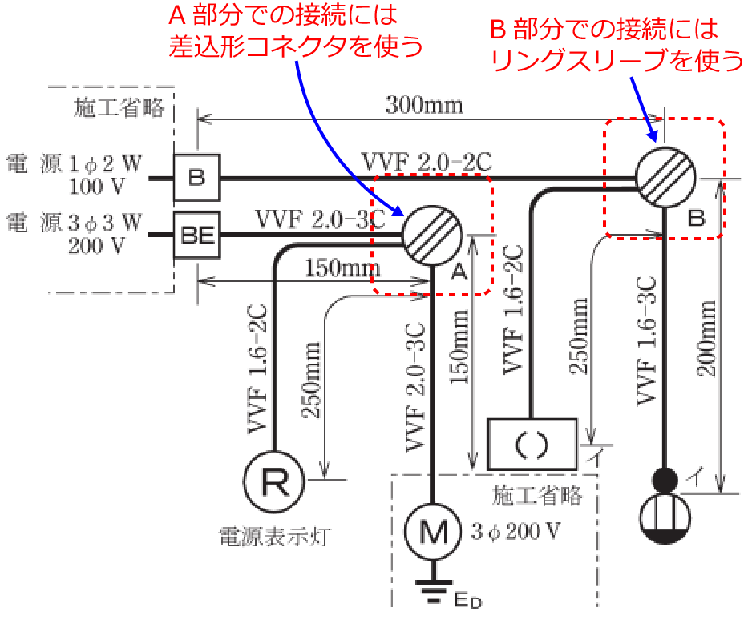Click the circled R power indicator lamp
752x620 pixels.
pyautogui.click(x=273, y=481)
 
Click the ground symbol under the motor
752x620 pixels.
pyautogui.click(x=433, y=594)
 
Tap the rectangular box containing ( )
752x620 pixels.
pyautogui.click(x=532, y=443)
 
